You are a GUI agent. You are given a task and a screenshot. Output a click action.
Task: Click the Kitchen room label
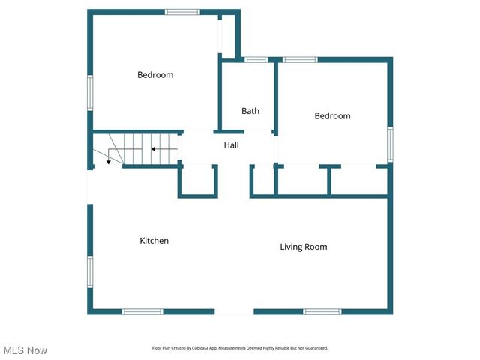(154, 241)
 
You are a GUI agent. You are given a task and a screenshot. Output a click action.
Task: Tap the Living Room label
(303, 247)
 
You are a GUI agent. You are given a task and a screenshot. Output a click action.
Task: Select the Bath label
(250, 111)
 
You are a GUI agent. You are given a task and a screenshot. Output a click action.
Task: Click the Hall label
(231, 145)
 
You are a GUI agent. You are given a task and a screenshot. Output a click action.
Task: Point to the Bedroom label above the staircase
(155, 75)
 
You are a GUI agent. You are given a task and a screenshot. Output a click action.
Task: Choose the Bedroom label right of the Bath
(332, 116)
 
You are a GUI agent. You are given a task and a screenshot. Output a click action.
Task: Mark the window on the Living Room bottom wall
(322, 311)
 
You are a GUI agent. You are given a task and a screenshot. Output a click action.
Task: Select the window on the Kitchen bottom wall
(142, 311)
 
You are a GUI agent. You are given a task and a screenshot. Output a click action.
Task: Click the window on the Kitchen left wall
(89, 271)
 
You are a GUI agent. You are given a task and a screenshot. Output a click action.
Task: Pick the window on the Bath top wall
(256, 59)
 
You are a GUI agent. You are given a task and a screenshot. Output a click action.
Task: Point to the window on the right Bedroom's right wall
(390, 143)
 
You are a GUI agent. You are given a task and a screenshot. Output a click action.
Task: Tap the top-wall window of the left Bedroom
(182, 11)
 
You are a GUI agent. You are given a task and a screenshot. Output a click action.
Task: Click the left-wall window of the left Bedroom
(89, 92)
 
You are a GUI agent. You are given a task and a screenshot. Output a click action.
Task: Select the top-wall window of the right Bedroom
(300, 59)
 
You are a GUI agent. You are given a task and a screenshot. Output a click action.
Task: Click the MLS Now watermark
(25, 350)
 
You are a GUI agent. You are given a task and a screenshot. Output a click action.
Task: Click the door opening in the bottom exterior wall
(234, 311)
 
